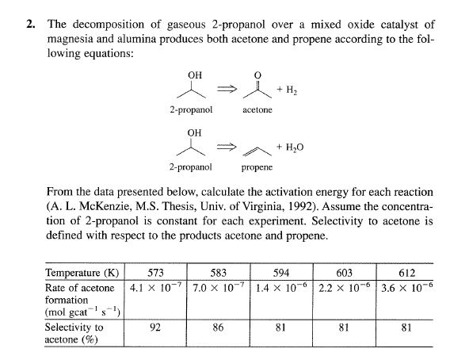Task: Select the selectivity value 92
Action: (x=158, y=325)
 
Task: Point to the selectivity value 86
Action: (x=219, y=325)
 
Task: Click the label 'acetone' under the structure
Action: (x=257, y=109)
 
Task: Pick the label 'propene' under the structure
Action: (x=257, y=168)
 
